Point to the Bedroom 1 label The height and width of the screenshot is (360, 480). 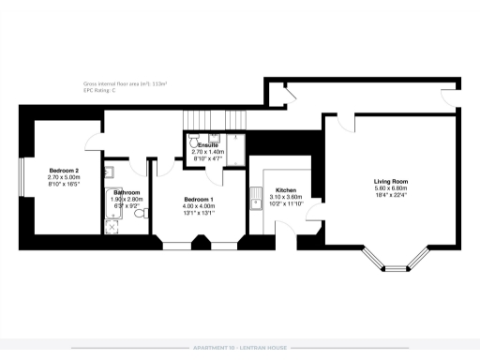(x=198, y=200)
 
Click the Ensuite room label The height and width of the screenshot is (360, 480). (x=208, y=145)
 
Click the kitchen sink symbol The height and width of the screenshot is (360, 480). (x=256, y=198)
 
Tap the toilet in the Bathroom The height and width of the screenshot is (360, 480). (x=140, y=214)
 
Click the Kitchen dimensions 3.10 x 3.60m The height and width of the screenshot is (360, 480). (x=286, y=197)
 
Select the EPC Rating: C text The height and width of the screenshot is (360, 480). (x=99, y=90)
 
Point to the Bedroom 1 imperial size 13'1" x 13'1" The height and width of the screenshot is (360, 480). (x=198, y=213)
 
